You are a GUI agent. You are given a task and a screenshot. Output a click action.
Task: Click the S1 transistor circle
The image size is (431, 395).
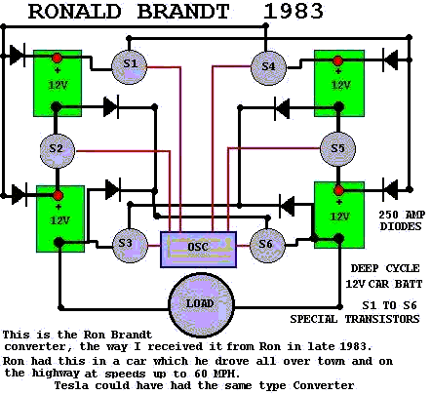(130, 66)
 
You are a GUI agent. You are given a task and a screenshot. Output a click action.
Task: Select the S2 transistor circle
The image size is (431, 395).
(57, 150)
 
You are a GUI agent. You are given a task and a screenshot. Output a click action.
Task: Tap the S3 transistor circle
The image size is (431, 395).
(130, 245)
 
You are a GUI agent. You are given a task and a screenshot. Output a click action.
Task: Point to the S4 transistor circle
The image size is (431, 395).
(268, 67)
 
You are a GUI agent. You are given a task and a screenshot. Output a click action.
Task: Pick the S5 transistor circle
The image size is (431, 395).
(337, 149)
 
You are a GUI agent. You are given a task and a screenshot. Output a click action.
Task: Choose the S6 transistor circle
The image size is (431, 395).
(267, 245)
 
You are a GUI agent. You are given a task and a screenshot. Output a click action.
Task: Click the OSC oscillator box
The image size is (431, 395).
(198, 250)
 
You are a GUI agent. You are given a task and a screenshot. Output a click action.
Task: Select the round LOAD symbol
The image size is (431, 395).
(202, 305)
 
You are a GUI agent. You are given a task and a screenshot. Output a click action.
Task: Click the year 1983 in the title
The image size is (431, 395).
(294, 12)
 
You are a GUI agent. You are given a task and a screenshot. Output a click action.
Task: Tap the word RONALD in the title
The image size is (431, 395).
(75, 12)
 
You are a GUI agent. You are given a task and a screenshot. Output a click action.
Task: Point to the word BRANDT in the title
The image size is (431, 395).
(183, 12)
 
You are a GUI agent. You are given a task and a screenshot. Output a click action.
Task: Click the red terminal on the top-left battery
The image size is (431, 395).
(57, 59)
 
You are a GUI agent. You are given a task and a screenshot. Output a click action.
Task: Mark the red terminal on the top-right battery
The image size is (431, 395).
(338, 60)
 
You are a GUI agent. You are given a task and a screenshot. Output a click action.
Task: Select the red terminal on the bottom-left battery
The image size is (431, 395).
(59, 196)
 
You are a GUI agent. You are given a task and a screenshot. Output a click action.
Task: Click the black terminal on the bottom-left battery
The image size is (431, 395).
(59, 242)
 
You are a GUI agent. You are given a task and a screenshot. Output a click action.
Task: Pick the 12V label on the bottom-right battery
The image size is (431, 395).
(340, 217)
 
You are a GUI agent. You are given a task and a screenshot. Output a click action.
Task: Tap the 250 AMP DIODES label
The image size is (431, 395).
(402, 220)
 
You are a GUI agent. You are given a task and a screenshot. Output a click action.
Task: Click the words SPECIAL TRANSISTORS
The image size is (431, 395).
(355, 319)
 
